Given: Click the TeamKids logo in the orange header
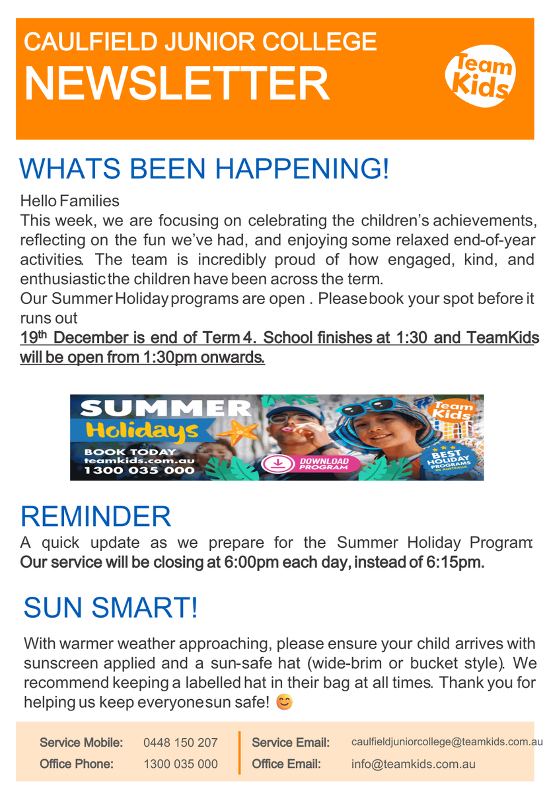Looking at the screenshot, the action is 480,75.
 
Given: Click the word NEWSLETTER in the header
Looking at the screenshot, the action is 177,85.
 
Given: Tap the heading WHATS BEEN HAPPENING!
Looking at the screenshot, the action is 204,168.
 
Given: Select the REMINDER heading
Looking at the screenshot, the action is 96,517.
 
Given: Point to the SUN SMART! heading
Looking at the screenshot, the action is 110,607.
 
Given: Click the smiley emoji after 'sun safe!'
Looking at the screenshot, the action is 284,702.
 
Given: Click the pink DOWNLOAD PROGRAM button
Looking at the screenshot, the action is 311,463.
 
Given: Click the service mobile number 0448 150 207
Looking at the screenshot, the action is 180,742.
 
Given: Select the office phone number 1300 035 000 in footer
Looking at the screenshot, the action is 180,764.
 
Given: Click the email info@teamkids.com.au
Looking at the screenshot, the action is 413,765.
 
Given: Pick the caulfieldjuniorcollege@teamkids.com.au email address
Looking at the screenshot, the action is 447,742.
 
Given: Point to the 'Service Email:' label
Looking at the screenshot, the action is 291,742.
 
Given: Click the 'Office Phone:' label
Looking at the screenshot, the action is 77,764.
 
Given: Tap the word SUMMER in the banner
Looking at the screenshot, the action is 166,408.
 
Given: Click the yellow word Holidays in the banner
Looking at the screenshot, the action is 142,431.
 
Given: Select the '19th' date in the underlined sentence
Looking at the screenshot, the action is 33,337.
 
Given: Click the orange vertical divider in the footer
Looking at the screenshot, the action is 240,753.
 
